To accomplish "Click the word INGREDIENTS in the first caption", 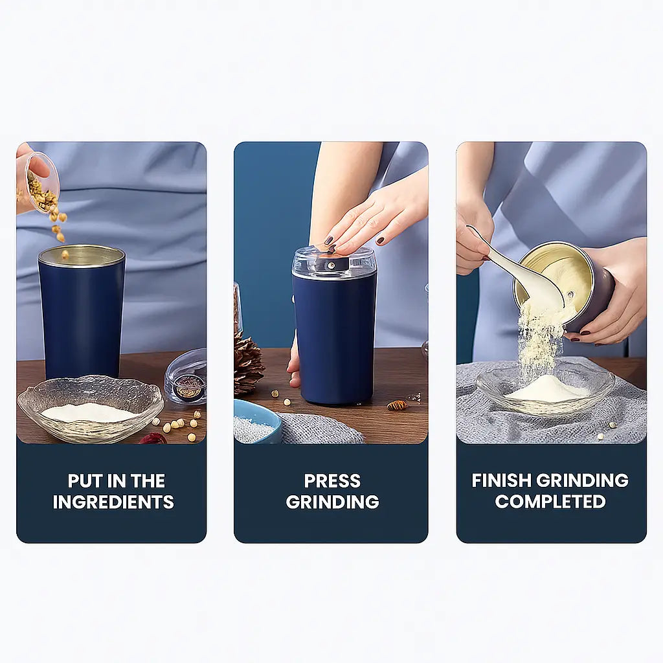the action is pyautogui.click(x=113, y=502).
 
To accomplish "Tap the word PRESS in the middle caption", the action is pyautogui.click(x=332, y=481).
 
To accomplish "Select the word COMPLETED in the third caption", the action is pyautogui.click(x=550, y=502).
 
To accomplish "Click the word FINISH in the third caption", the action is pyautogui.click(x=502, y=480).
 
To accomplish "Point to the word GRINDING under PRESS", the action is pyautogui.click(x=332, y=502).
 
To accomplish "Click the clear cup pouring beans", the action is pyautogui.click(x=42, y=183).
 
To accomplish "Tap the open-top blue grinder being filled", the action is pyautogui.click(x=82, y=313).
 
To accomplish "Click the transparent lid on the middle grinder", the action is pyautogui.click(x=333, y=262).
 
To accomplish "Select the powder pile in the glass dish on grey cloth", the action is pyautogui.click(x=548, y=388).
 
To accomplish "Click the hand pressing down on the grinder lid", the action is pyautogui.click(x=372, y=216).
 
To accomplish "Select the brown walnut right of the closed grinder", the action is pyautogui.click(x=397, y=405).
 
